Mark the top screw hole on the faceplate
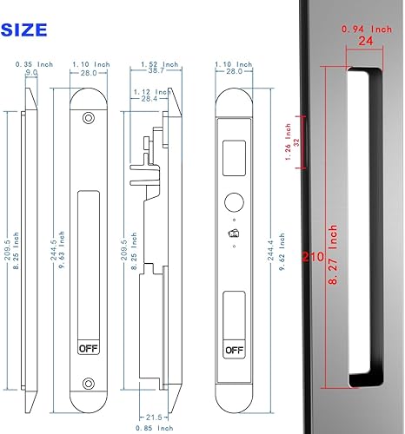click(x=89, y=118)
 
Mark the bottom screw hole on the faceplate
click(x=89, y=383)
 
